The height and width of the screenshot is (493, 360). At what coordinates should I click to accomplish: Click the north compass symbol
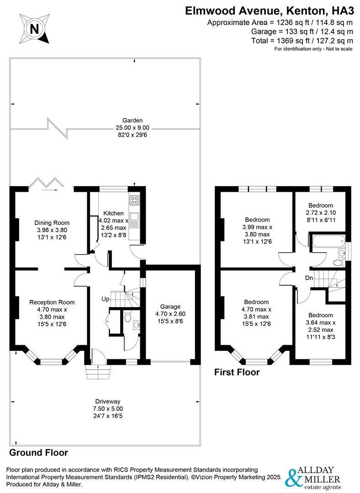coord(33,29)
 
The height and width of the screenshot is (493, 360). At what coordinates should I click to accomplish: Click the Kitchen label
coord(113,213)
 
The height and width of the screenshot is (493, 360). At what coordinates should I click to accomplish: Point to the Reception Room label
coord(52,302)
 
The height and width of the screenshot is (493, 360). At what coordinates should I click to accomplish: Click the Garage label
coord(170,306)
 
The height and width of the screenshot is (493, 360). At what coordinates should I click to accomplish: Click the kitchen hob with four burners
coord(135,200)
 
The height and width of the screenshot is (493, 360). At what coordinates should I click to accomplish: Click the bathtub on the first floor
coord(327,241)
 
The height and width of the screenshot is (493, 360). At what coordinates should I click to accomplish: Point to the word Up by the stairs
coord(106,299)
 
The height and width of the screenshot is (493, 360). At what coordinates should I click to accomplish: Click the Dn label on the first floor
coord(309,278)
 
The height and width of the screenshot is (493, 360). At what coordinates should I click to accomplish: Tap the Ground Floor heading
coord(39,453)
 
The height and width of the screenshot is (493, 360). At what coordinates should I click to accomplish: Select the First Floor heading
coord(237,372)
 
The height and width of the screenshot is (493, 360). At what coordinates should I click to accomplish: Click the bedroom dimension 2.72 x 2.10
coord(320,213)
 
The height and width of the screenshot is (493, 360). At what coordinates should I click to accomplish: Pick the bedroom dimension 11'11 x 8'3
coord(320,337)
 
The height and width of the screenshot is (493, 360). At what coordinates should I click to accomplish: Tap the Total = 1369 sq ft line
coord(302,41)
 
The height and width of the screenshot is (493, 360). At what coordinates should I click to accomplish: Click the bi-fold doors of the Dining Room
coord(44,183)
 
